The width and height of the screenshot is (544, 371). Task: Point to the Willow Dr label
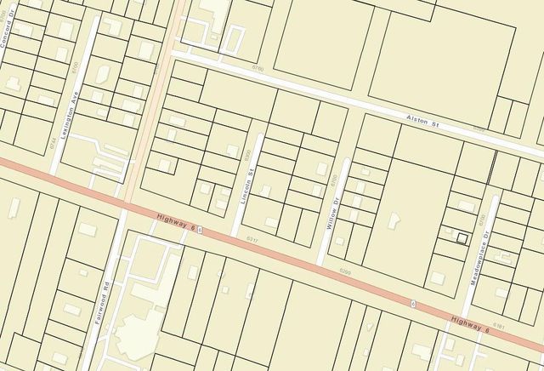(334, 209)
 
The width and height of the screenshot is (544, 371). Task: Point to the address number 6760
(258, 68)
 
